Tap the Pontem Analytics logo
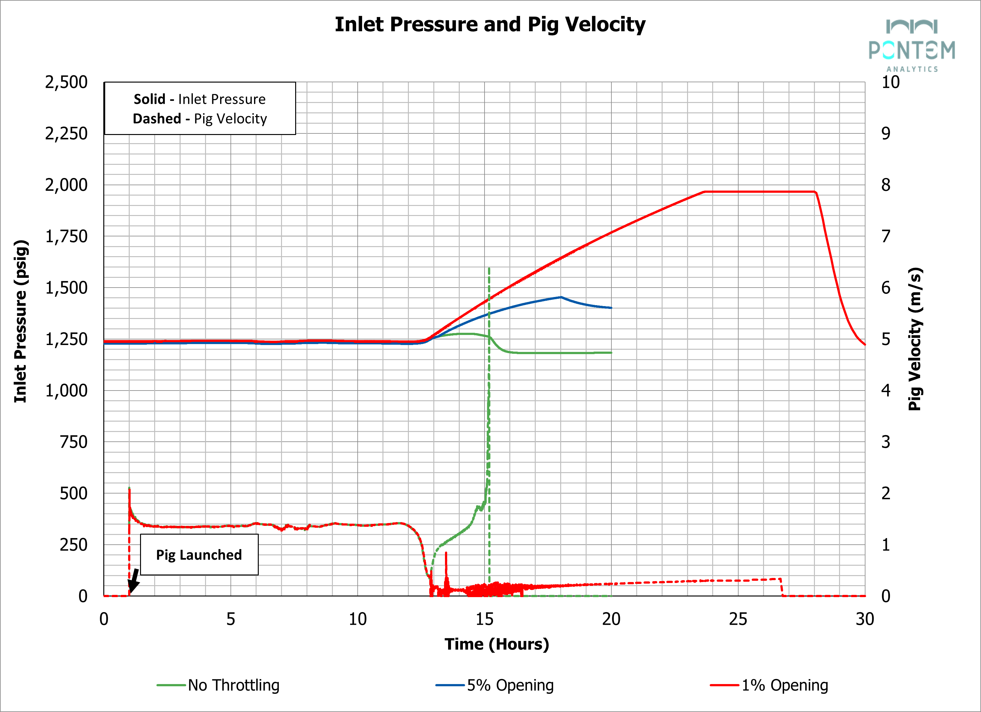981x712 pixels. point(912,46)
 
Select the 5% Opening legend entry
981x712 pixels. point(510,685)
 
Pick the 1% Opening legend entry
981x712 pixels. point(784,685)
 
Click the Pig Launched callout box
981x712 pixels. point(199,555)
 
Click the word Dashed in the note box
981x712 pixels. point(157,118)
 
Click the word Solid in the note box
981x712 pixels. point(149,99)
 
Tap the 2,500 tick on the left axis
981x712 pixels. point(66,82)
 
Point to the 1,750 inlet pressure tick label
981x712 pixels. point(66,236)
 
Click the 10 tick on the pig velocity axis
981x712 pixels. point(890,82)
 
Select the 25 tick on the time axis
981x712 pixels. point(738,619)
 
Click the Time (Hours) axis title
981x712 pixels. point(496,644)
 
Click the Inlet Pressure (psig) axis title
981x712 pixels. point(21,321)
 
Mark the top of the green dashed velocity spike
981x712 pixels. point(489,268)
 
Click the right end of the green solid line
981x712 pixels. point(611,353)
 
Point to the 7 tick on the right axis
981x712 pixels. point(886,236)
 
